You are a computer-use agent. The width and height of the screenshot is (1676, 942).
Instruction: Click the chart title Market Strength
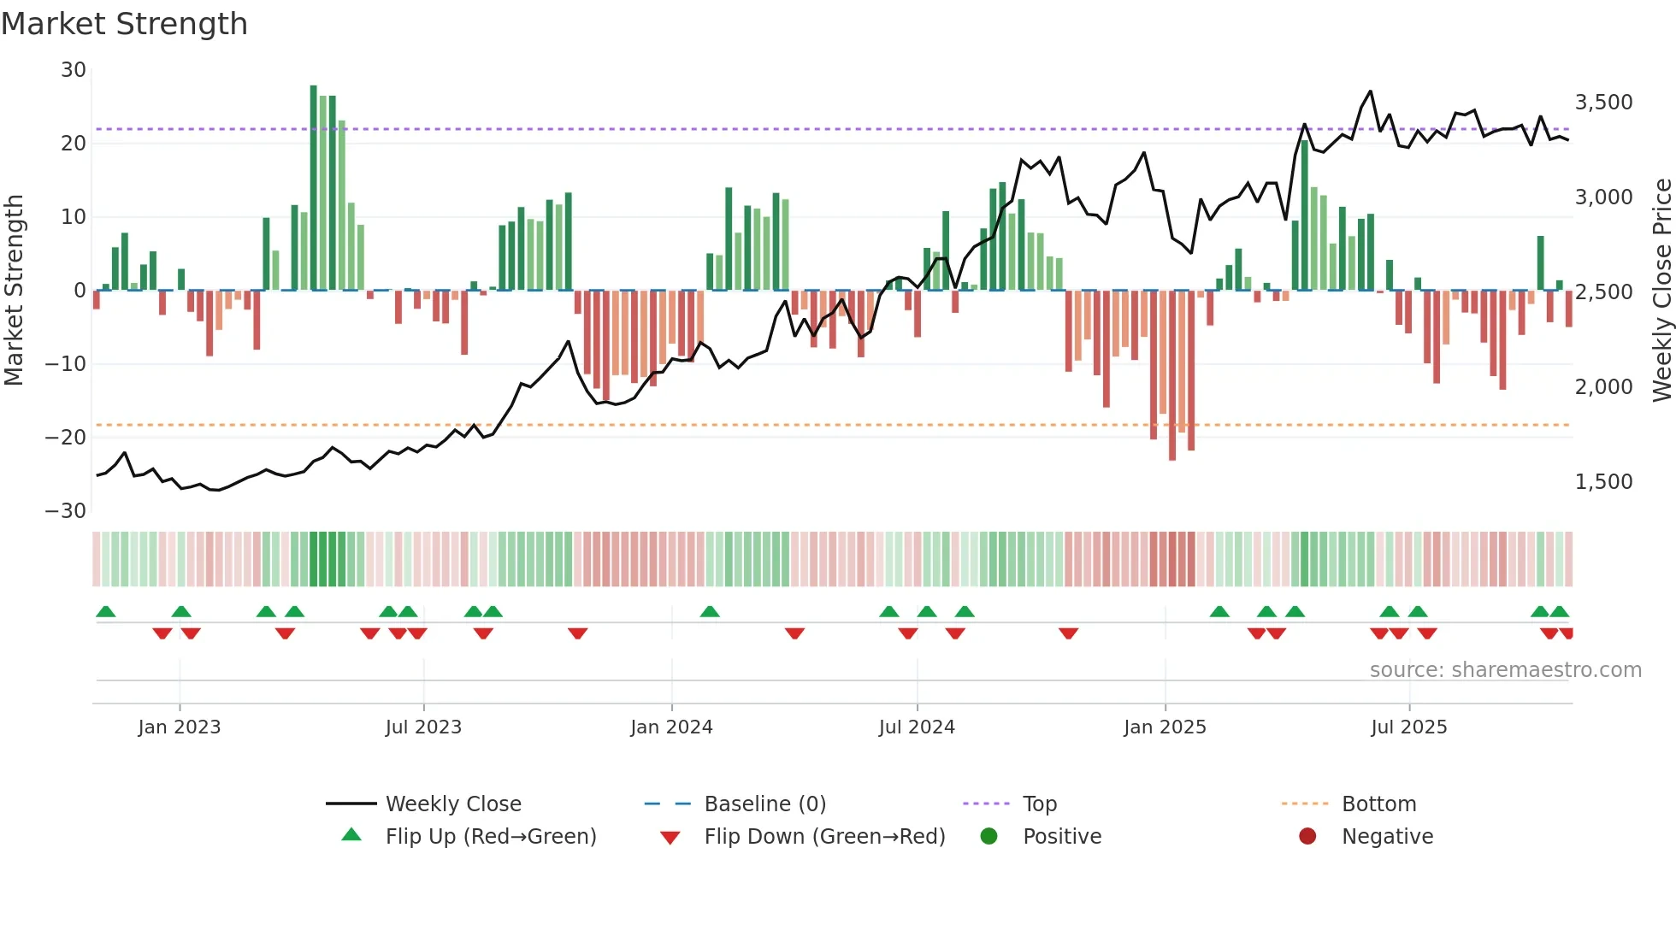coord(124,24)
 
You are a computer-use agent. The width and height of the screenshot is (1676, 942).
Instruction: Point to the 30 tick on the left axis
coord(74,70)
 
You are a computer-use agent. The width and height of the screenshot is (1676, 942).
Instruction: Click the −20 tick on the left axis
coord(67,438)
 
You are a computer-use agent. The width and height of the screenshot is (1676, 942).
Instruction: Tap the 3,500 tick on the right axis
coord(1603,103)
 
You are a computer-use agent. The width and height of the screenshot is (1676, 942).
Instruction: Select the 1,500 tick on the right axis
coord(1603,482)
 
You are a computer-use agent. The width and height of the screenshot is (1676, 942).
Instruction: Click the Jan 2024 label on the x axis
coord(671,727)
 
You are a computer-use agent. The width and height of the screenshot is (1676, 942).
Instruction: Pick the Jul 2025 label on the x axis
coord(1408,727)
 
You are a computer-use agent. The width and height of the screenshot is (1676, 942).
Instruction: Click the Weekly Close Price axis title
coord(1661,291)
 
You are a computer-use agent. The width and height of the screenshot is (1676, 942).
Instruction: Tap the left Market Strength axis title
coord(14,291)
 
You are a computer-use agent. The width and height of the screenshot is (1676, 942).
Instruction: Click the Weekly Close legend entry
coord(452,804)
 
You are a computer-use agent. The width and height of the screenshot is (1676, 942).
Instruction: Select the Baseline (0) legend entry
coord(764,804)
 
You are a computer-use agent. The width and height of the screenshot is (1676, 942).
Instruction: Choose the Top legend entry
coord(1039,804)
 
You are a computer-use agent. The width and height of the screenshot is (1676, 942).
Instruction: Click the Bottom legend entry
coord(1378,804)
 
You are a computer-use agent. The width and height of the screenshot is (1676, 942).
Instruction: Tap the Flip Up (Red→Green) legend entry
coord(490,837)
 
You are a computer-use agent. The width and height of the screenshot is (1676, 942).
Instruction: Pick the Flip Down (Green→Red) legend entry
coord(824,837)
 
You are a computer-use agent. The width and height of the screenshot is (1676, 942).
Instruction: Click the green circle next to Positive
coord(989,837)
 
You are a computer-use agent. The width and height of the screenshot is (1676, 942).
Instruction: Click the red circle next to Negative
coord(1307,837)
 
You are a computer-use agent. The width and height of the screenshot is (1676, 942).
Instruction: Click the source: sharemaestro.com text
coord(1505,670)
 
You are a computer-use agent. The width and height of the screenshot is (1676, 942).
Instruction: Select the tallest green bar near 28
coord(314,188)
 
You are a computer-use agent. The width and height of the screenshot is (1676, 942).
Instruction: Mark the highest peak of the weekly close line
coord(1370,91)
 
